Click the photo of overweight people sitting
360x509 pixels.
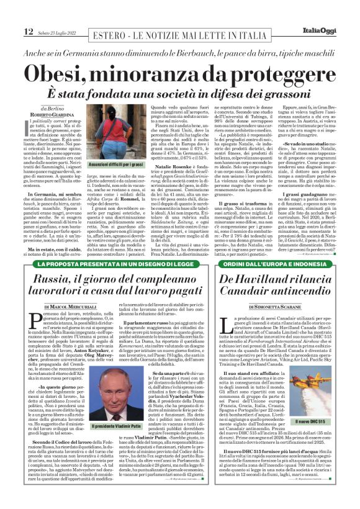[96, 144]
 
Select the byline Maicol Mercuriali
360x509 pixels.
[70, 307]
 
